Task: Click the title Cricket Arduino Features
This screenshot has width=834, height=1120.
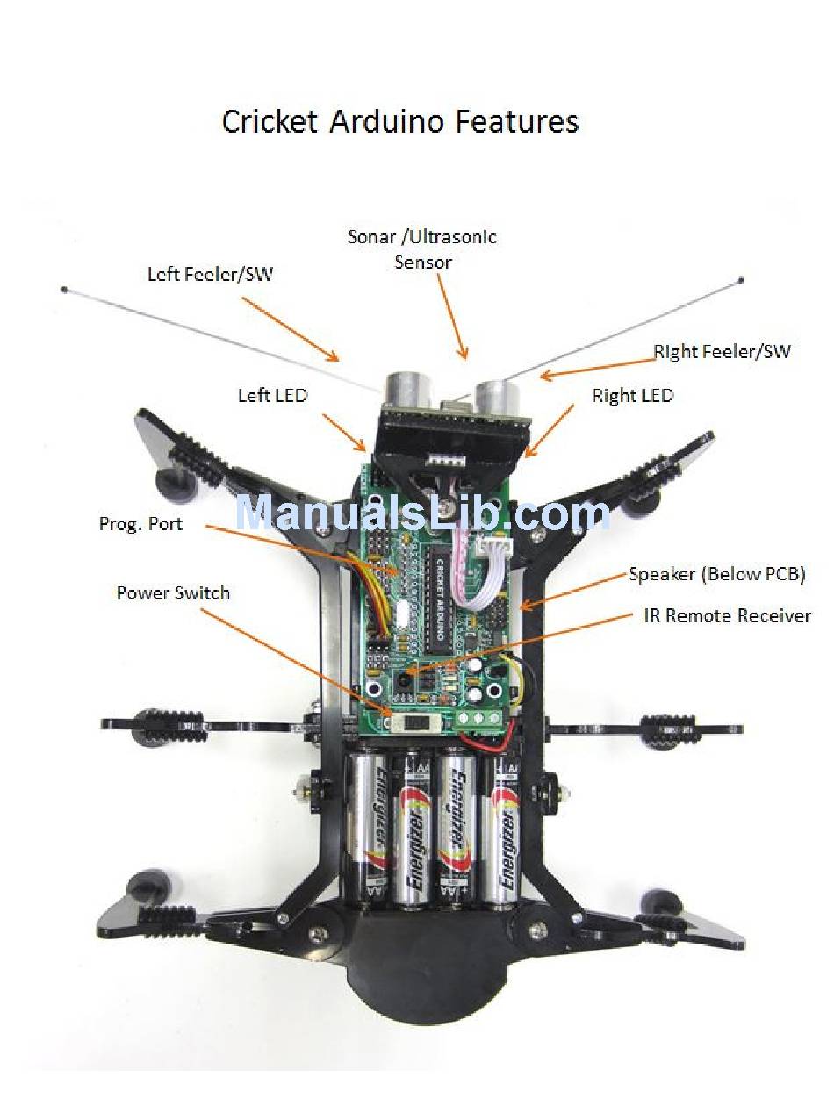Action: point(399,121)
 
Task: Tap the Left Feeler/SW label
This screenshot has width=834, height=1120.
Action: point(210,274)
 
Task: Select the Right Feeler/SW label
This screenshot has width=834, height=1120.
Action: point(722,352)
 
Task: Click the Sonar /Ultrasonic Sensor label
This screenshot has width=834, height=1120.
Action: point(422,248)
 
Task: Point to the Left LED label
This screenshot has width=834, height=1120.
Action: point(272,395)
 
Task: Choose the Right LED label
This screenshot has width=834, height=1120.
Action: point(632,395)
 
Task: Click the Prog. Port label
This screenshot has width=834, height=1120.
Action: point(140,523)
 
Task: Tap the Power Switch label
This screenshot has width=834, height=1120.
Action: point(173,592)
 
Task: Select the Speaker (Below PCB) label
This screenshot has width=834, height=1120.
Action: point(716,574)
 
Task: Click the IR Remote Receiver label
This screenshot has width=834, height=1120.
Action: point(728,615)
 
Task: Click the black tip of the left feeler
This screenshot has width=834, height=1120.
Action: point(64,288)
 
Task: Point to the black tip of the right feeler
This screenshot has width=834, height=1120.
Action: point(742,281)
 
